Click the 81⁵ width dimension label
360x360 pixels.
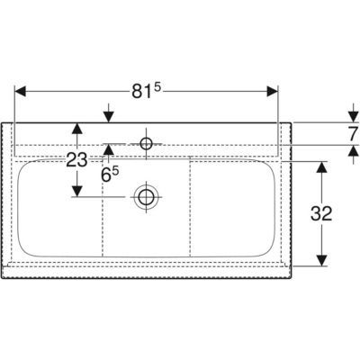point(147,91)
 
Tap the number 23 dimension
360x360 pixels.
point(76,159)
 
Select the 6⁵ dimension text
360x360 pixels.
point(110,175)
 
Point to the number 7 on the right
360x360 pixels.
point(354,134)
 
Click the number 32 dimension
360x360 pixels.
point(321,213)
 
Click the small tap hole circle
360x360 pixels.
point(146,143)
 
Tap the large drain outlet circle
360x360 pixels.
point(146,197)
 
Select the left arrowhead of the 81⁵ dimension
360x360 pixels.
point(21,91)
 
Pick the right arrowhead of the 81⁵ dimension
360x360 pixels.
point(273,91)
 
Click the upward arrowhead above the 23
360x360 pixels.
point(77,129)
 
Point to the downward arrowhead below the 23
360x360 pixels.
point(77,191)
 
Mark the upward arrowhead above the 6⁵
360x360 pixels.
point(109,149)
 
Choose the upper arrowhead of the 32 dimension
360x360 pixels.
point(321,166)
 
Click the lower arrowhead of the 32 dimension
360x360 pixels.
point(321,260)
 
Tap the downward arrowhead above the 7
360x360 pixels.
point(354,117)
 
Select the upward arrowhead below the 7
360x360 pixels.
point(354,150)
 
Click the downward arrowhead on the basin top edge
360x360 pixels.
point(109,117)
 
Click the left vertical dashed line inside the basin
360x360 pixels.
point(103,207)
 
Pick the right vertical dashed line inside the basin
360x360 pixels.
point(190,207)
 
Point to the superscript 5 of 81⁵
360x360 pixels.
point(157,87)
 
